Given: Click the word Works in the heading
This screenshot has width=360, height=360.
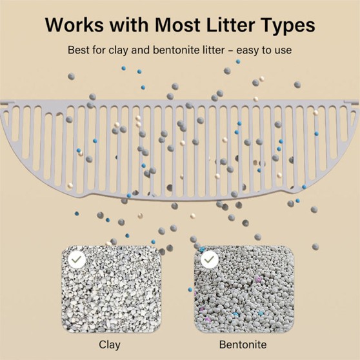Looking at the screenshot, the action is click(74, 25).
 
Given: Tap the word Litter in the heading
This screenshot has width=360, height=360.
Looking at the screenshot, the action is click(230, 25).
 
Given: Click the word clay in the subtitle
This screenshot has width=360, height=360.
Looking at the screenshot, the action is click(118, 50).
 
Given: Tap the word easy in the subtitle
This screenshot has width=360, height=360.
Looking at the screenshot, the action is click(249, 51).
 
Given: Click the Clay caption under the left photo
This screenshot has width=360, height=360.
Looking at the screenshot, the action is click(110, 345).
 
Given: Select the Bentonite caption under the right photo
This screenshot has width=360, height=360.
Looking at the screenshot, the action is click(243, 345).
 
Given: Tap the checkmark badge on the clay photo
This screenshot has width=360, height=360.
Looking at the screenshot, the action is click(77, 259).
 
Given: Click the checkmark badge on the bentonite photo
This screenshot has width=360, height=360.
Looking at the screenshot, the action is click(210, 259).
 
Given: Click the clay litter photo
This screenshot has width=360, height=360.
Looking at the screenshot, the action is click(111, 289).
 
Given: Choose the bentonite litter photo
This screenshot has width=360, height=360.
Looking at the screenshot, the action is click(244, 289).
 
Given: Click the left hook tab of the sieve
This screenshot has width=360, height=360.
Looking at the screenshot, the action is click(7, 103).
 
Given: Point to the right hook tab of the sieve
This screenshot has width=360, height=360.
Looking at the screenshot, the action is click(351, 103).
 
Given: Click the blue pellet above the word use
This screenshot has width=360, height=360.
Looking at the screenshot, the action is click(238, 61).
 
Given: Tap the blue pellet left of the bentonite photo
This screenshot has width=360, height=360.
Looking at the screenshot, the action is click(190, 290).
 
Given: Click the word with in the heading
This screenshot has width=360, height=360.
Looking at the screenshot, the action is click(129, 25).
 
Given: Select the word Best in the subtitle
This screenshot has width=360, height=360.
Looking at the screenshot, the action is click(78, 50).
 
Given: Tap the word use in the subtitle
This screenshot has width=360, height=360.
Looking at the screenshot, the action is click(284, 51).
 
